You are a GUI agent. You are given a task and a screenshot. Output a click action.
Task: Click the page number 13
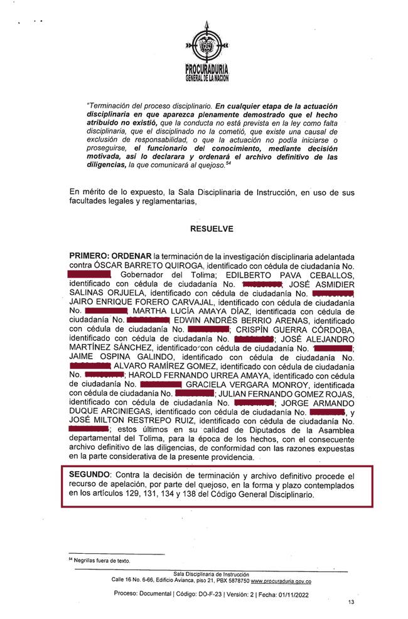coord(351,601)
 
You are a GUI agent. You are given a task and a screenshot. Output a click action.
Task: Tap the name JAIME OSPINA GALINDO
coord(110,357)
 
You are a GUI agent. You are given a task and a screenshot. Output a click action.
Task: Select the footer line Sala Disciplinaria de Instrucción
coord(211,574)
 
